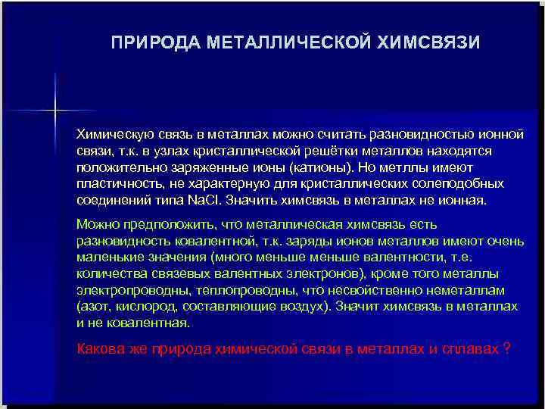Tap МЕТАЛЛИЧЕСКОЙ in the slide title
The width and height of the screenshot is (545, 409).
(x=288, y=42)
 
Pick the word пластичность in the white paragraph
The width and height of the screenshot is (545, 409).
(x=112, y=184)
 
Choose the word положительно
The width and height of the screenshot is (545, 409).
(x=116, y=167)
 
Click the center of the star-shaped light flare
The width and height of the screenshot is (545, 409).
(x=55, y=111)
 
